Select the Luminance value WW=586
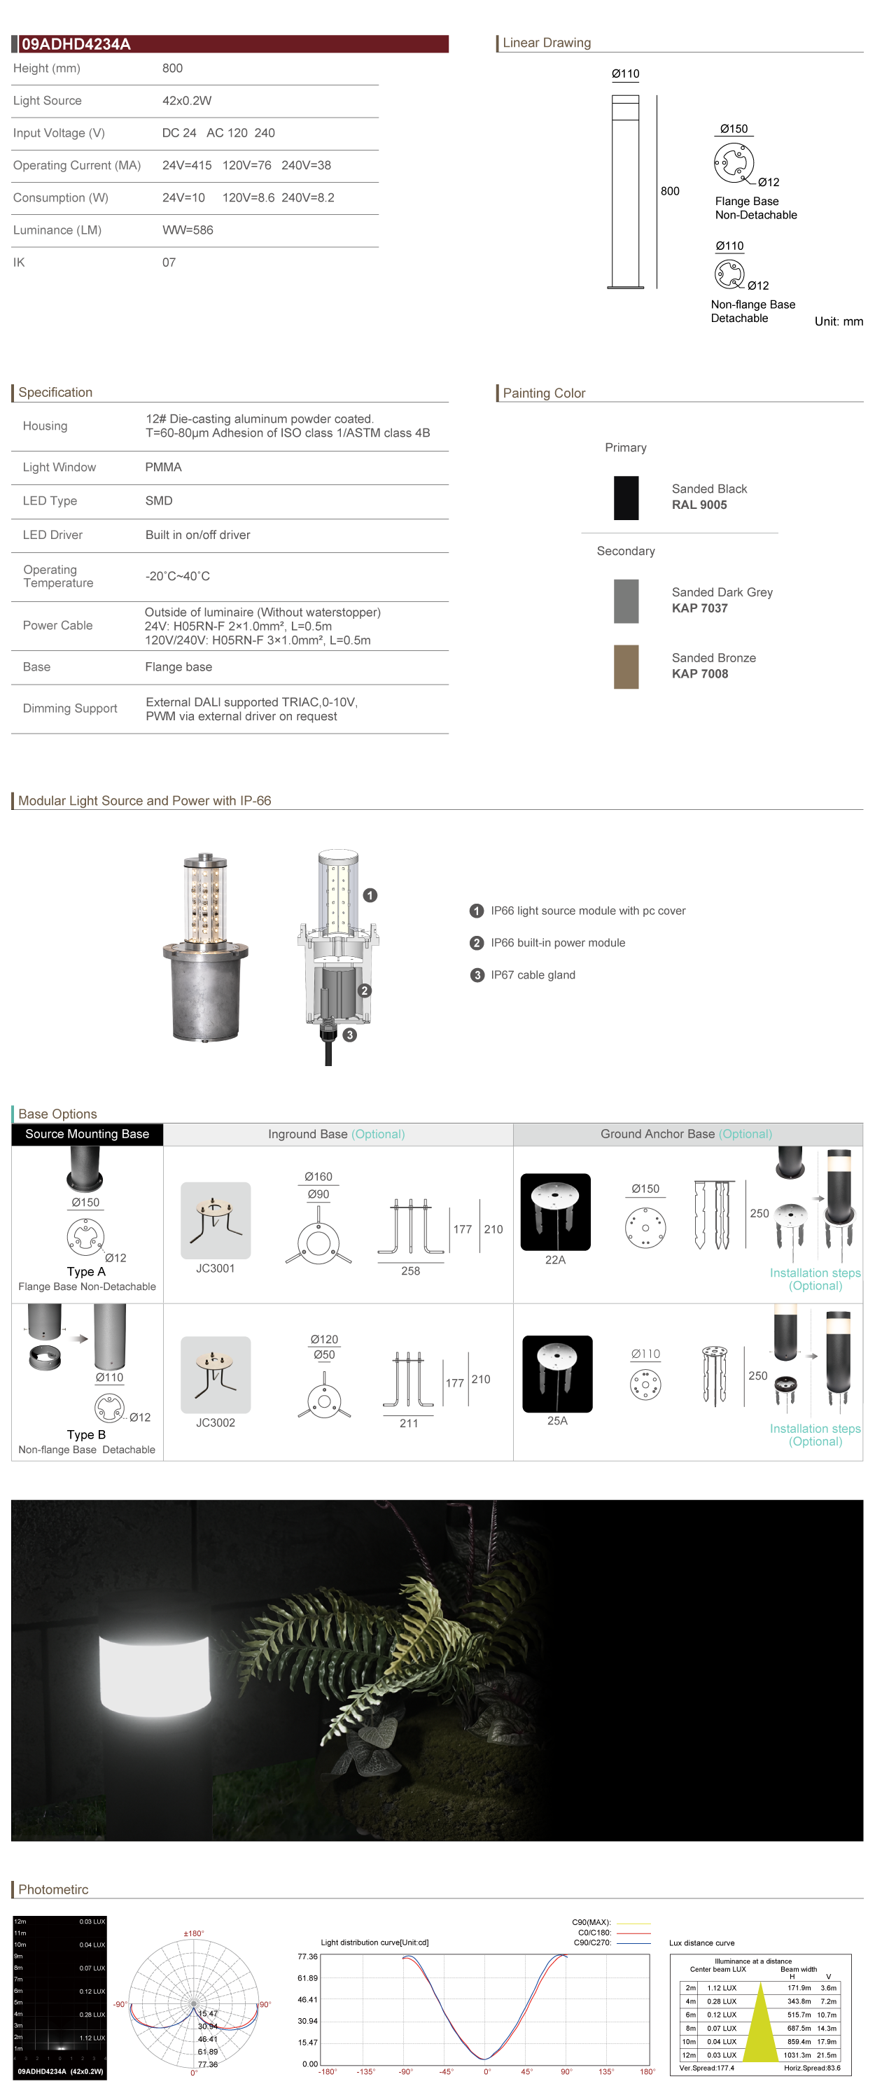click(x=188, y=230)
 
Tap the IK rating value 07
click(x=169, y=262)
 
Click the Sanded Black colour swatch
click(x=626, y=497)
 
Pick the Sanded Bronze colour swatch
click(x=626, y=666)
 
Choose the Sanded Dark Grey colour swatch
click(x=626, y=601)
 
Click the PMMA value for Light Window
click(x=163, y=467)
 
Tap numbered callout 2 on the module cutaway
click(x=365, y=990)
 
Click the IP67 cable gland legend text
click(x=532, y=975)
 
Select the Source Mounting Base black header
click(x=87, y=1134)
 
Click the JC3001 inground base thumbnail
click(x=216, y=1220)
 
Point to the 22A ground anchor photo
click(x=555, y=1212)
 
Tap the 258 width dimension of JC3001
click(x=410, y=1270)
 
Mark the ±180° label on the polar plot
click(x=193, y=1933)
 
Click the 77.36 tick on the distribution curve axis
click(x=307, y=1956)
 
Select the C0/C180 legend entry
click(x=595, y=1933)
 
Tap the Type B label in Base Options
click(x=86, y=1435)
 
